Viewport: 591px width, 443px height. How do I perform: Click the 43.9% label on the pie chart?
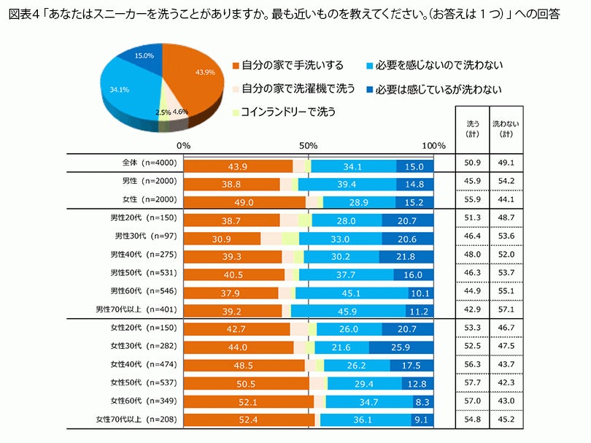[204, 72]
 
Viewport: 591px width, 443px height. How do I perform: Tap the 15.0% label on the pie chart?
[144, 55]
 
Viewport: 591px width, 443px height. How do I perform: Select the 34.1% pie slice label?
[119, 90]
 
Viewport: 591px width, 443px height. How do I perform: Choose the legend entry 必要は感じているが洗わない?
[439, 89]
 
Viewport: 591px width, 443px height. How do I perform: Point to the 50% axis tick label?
[309, 145]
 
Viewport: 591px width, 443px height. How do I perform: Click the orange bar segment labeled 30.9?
[222, 238]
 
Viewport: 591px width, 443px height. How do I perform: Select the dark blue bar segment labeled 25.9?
[401, 347]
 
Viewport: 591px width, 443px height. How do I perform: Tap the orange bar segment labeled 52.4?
[248, 419]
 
